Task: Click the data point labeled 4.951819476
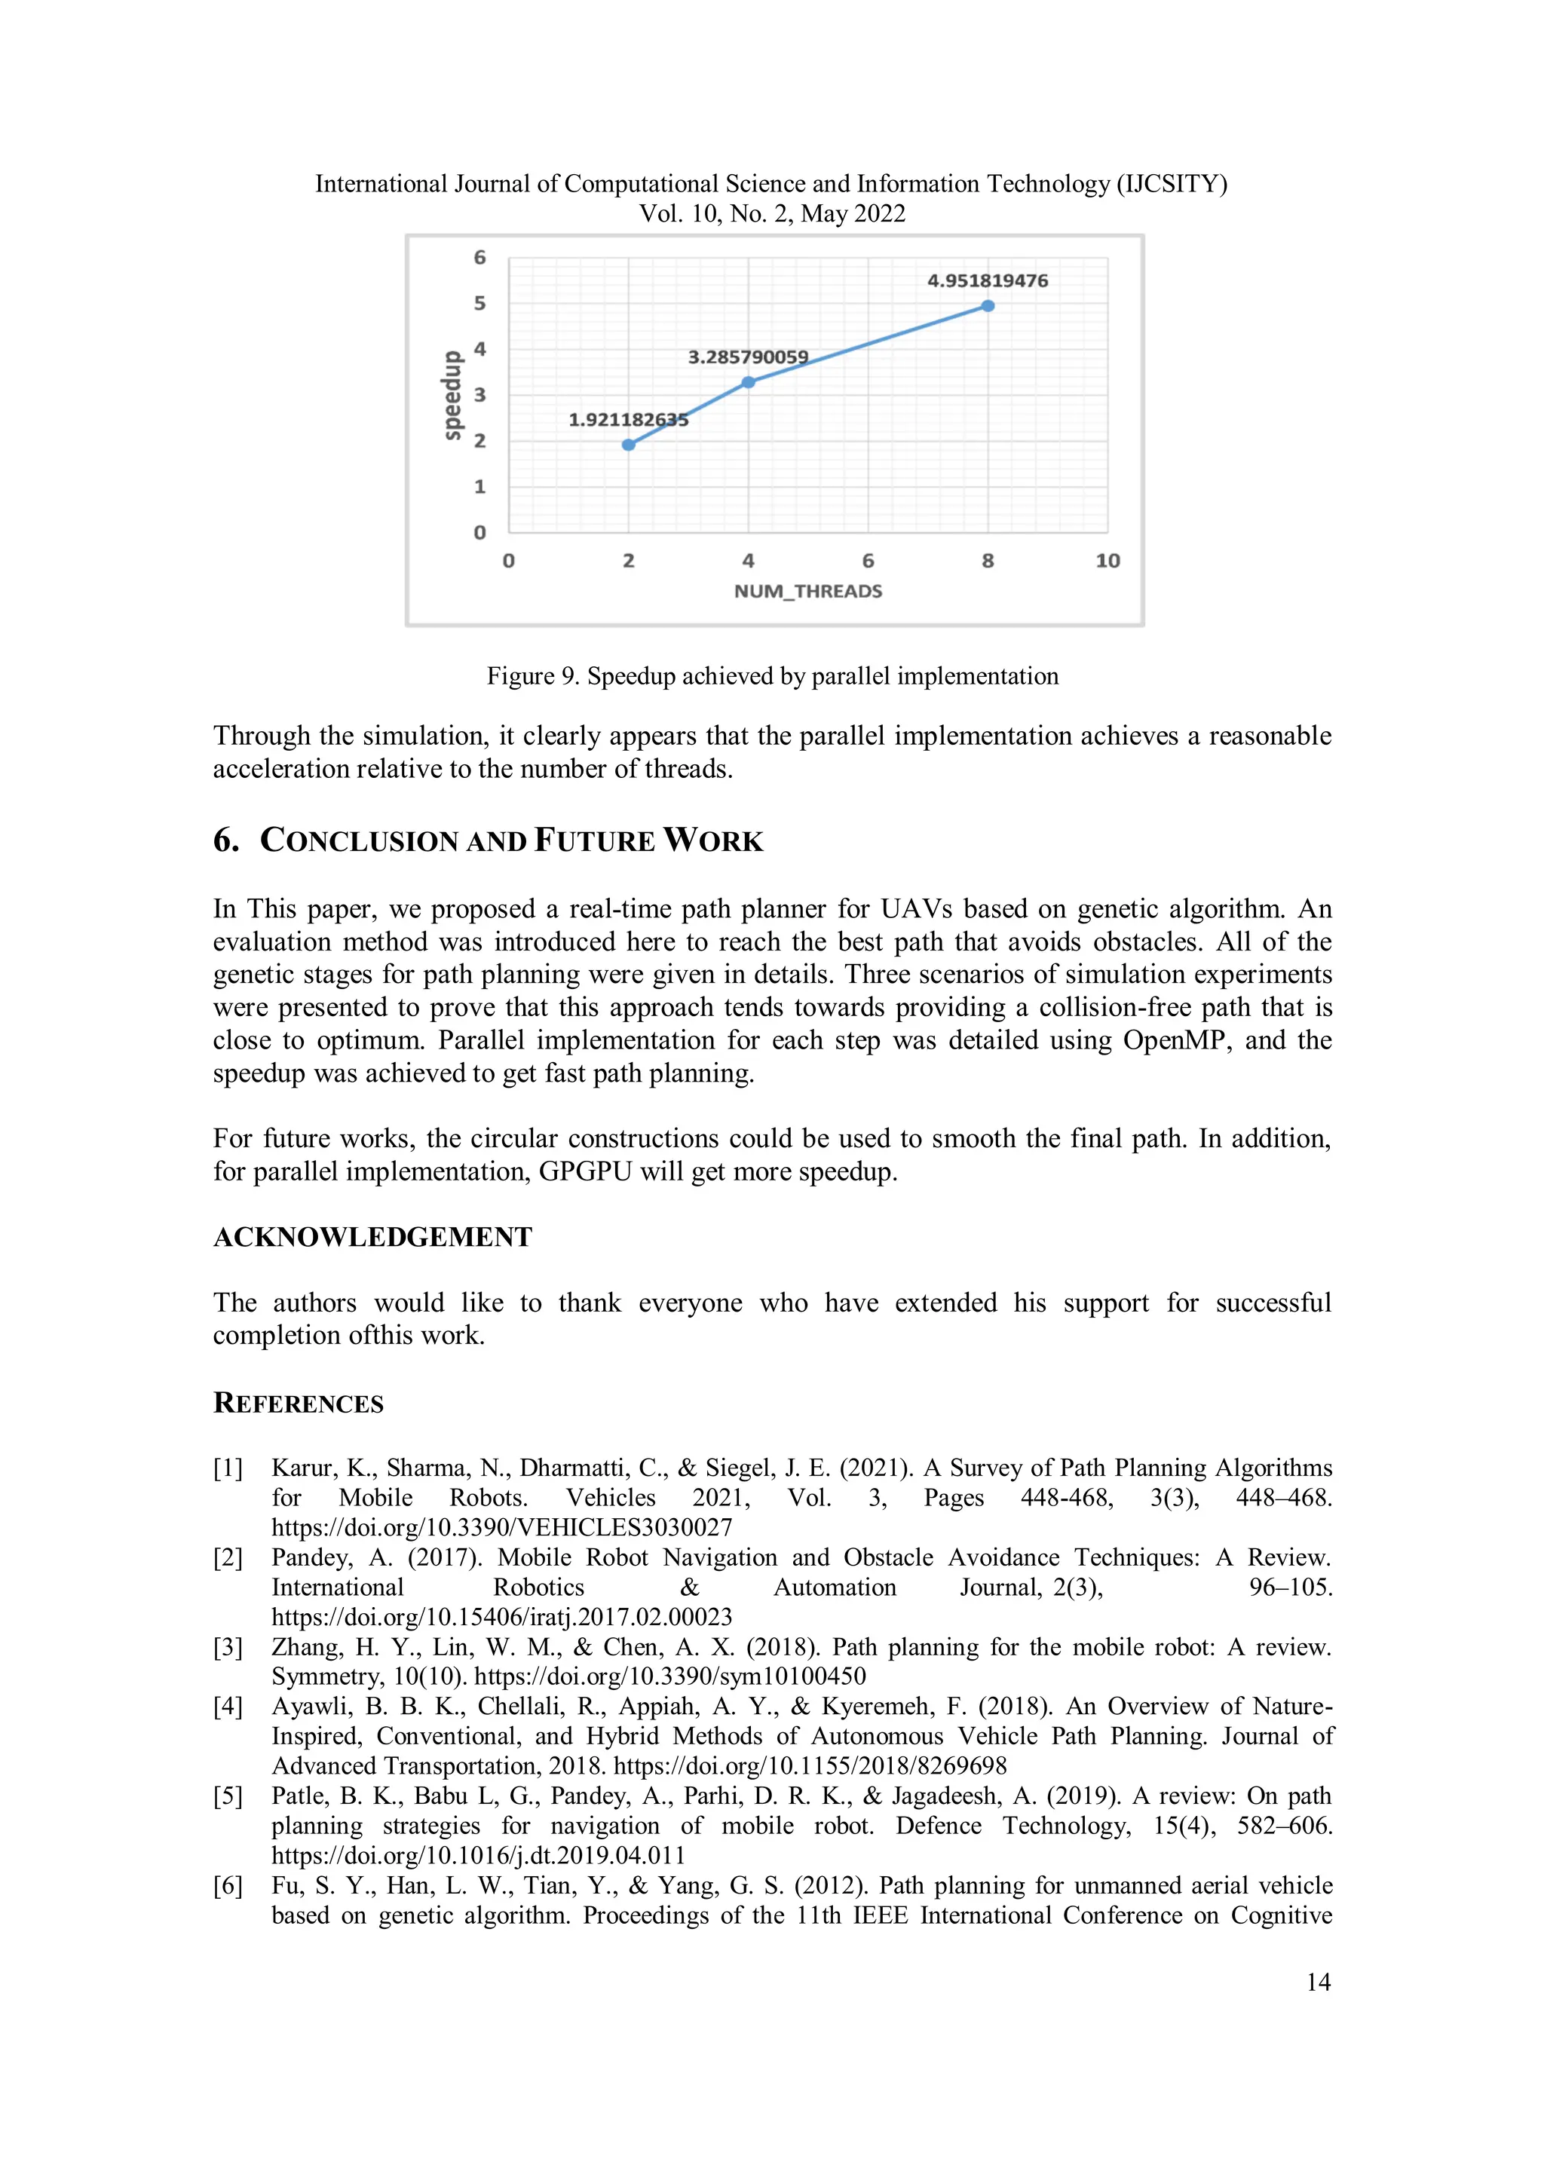point(988,306)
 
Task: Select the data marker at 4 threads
point(748,382)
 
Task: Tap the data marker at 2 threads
point(629,445)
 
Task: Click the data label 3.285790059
point(748,357)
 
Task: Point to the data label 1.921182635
point(629,419)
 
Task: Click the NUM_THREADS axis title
point(808,592)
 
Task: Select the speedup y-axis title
point(452,396)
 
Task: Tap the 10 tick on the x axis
point(1107,561)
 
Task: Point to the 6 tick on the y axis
point(480,258)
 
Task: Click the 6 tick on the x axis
point(868,561)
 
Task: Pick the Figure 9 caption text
point(772,676)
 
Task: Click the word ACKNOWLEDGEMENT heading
point(372,1237)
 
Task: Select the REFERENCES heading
point(299,1404)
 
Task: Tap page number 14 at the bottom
point(1318,1982)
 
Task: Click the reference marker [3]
point(228,1648)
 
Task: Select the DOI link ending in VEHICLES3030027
point(502,1528)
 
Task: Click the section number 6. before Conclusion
point(226,840)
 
